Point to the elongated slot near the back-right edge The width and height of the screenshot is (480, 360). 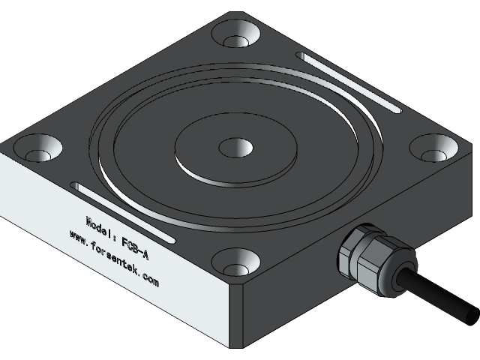[349, 82]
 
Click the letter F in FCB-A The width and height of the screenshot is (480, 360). [124, 242]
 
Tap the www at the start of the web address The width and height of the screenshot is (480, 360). [76, 235]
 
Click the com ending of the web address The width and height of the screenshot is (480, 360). [150, 282]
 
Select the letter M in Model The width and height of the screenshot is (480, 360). [90, 220]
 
